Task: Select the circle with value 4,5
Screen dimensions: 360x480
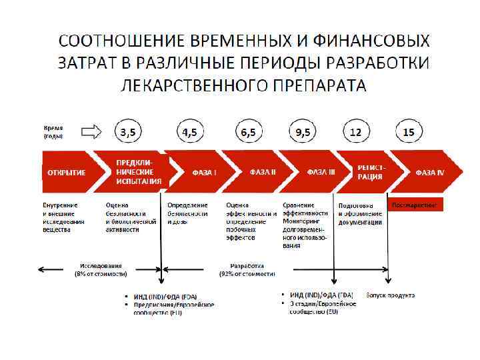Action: pos(190,132)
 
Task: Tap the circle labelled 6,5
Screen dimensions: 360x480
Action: pos(248,132)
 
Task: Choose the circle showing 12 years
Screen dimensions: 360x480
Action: pos(356,132)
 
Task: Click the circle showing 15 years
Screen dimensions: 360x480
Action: pos(409,132)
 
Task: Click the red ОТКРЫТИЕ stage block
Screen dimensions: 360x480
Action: pos(67,172)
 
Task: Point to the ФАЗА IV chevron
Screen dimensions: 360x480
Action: pos(427,172)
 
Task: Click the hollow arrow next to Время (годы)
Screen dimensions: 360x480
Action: pos(90,131)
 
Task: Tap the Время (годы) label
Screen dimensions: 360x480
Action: pos(55,131)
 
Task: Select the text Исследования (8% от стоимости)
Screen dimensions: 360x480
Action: pos(98,269)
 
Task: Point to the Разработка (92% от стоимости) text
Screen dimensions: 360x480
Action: pos(247,269)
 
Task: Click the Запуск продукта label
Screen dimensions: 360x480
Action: pos(390,295)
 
